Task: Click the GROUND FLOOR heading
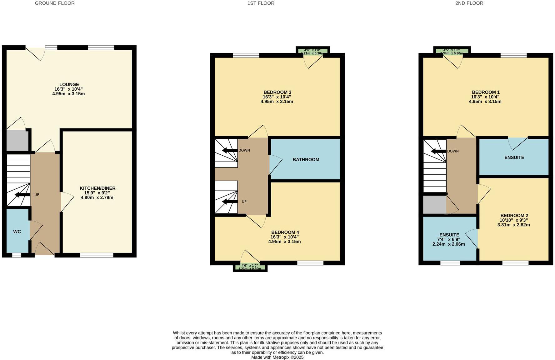(55, 3)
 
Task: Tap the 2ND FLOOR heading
(469, 3)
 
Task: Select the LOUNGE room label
(69, 84)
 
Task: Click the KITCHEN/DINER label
(97, 188)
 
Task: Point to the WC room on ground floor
(17, 232)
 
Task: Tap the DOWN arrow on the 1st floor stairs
(230, 151)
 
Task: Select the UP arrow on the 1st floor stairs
(230, 202)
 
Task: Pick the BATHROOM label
(306, 160)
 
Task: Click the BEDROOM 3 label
(277, 92)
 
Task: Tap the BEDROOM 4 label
(285, 232)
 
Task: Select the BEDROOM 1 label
(485, 92)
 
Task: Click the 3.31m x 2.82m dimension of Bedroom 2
(513, 225)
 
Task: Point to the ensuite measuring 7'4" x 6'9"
(449, 239)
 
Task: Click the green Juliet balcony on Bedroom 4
(250, 267)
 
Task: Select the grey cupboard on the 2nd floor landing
(434, 204)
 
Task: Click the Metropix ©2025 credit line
(277, 357)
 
